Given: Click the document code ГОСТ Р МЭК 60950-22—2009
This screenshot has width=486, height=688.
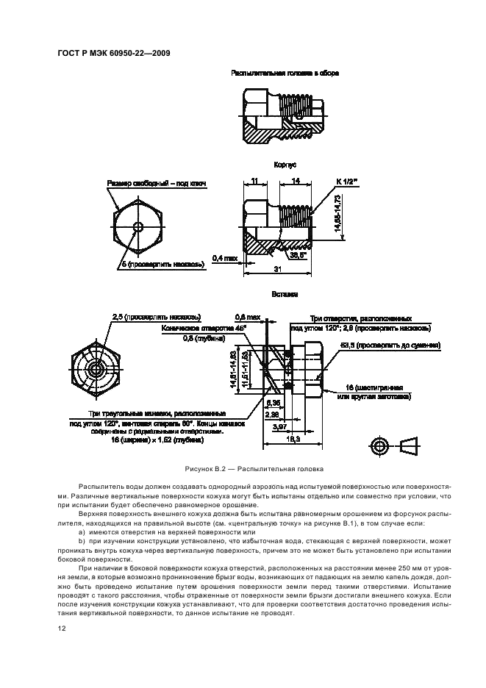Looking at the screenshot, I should pos(114,54).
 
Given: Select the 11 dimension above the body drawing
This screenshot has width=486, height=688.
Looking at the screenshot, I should pos(253,181).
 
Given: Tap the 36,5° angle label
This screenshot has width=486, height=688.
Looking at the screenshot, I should pos(299,256).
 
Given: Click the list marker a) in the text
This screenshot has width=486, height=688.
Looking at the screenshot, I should pos(82,531).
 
